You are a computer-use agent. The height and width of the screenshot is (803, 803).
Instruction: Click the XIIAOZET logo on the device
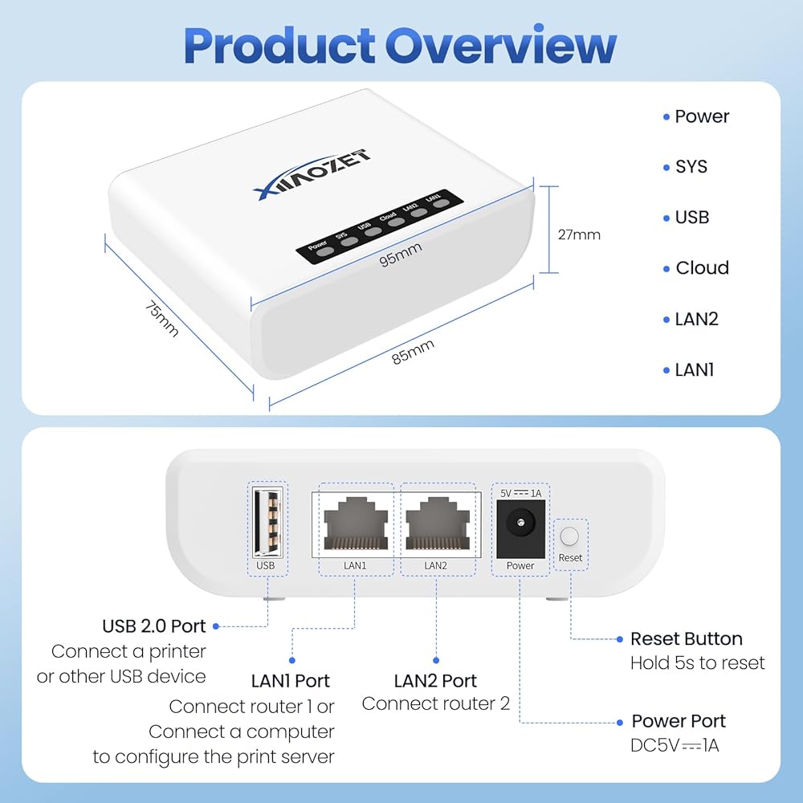tap(311, 172)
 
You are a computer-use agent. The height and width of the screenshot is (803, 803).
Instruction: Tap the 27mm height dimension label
tap(579, 235)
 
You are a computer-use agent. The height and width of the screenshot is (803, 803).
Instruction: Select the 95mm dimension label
tap(401, 255)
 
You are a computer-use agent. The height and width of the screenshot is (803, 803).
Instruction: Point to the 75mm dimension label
tap(161, 318)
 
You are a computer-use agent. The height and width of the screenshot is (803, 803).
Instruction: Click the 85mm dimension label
tap(413, 353)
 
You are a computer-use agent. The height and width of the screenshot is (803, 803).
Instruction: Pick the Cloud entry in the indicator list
tap(702, 268)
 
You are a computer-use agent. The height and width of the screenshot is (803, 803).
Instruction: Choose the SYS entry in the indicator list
tap(691, 167)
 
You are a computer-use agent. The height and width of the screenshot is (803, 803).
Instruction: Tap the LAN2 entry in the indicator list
tap(696, 319)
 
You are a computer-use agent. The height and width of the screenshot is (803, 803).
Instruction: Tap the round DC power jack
tap(520, 527)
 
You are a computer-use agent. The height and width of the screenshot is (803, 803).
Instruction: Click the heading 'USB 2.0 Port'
tap(154, 626)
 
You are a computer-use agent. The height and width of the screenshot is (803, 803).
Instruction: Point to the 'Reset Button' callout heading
tap(686, 639)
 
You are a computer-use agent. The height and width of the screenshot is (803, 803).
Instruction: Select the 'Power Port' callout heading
tap(679, 721)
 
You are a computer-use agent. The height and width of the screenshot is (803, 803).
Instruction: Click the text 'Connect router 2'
tap(435, 704)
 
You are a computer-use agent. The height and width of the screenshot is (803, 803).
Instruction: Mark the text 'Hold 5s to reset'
tap(697, 663)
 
